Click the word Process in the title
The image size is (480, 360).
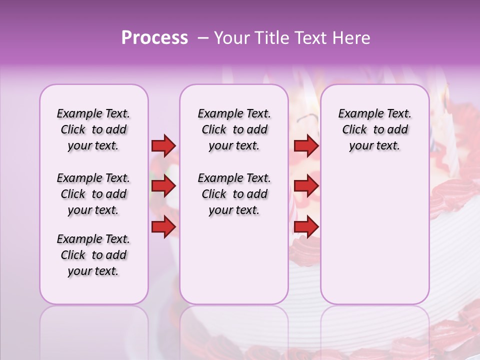click(154, 38)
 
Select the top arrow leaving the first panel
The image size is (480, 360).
click(163, 145)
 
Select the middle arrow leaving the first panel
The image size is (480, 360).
click(163, 186)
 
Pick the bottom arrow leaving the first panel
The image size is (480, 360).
click(163, 226)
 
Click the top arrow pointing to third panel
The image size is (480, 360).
click(306, 145)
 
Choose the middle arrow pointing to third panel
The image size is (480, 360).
click(306, 186)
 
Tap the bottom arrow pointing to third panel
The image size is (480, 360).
click(306, 226)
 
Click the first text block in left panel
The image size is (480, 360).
click(93, 129)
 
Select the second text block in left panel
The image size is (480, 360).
click(93, 194)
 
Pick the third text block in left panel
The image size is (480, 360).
click(93, 255)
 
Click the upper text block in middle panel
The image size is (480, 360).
click(234, 129)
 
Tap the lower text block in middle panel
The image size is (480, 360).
click(234, 194)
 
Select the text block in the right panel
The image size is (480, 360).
click(374, 129)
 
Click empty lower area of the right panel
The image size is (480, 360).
click(374, 240)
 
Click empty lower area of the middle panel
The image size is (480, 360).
click(234, 260)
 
